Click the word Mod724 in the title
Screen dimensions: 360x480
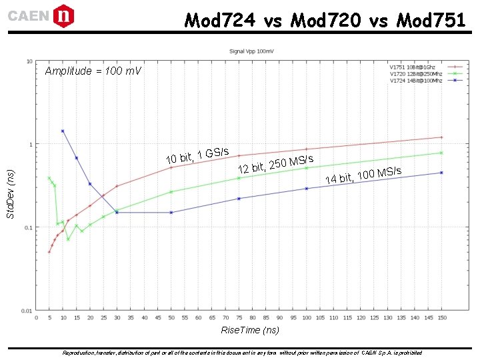point(219,21)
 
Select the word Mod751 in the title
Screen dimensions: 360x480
point(431,21)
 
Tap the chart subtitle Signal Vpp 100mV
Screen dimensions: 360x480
point(251,51)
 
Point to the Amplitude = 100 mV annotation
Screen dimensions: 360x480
point(93,71)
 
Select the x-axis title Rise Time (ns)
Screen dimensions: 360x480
point(250,330)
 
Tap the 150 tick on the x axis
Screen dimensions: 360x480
point(441,318)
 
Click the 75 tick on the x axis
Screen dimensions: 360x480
point(239,318)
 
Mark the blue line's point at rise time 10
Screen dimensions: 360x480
point(63,131)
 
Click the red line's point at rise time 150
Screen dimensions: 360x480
point(441,137)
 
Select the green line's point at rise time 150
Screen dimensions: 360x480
point(441,153)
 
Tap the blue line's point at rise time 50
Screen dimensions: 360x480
point(171,213)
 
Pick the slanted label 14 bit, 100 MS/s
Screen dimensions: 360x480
point(363,175)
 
